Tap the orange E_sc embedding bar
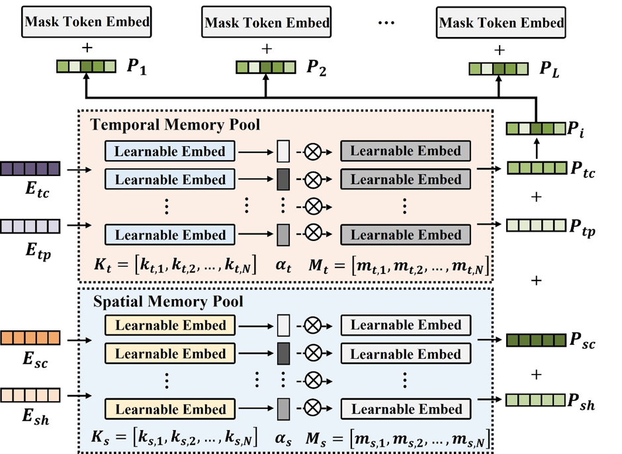pos(30,338)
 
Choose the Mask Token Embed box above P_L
pos(502,23)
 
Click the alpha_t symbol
pos(284,267)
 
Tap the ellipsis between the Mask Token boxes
pos(385,22)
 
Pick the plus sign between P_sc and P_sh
pos(537,373)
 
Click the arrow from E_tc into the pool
pos(75,169)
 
